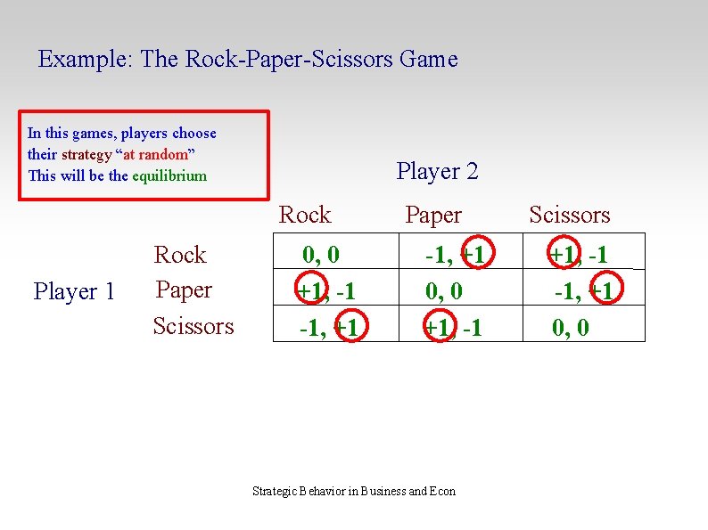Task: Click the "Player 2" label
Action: coord(437,171)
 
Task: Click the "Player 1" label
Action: coord(74,291)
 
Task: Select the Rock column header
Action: coord(305,215)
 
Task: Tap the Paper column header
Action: coord(433,215)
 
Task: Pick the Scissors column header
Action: coord(570,215)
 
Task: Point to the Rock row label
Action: coord(180,255)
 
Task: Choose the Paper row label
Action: coord(184,289)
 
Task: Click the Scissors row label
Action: coord(193,326)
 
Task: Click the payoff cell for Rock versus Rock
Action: coord(321,255)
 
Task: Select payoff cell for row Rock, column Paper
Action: coord(455,255)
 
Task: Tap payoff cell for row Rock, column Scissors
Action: coord(578,255)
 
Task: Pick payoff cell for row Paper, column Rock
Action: coord(326,290)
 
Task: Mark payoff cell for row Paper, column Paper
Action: coord(444,290)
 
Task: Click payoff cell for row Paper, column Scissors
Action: coord(583,290)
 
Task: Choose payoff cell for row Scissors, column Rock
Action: coord(328,328)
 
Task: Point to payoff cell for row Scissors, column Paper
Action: coord(453,328)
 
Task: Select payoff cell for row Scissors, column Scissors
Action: coord(571,328)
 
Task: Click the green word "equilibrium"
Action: coord(169,175)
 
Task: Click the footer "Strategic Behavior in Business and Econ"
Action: coord(354,491)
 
